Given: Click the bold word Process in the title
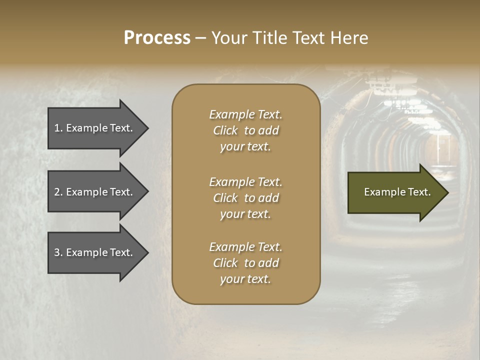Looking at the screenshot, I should point(157,38).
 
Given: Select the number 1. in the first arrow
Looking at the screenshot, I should point(58,128).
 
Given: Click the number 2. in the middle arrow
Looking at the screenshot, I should point(58,192).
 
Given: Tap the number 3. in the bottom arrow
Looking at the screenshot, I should point(58,252).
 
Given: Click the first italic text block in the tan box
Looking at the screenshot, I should point(245,130).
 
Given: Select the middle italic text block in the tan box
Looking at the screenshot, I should point(245,198).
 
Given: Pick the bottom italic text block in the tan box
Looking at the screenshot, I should point(245,263).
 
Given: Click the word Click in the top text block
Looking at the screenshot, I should point(225,130).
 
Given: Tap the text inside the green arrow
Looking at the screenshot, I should point(397,192).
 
